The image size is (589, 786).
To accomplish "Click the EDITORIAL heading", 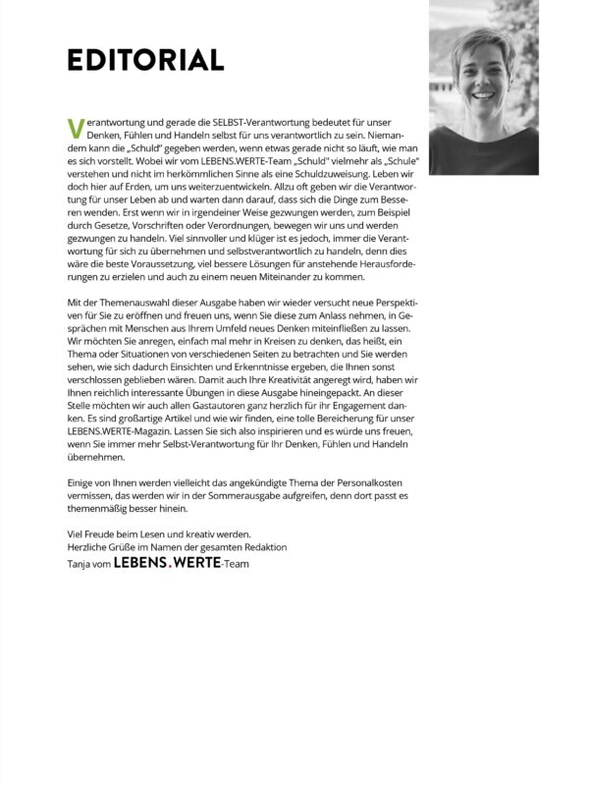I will tap(145, 60).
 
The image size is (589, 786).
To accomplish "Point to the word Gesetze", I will tap(122, 224).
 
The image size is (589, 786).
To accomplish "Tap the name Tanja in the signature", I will tap(80, 566).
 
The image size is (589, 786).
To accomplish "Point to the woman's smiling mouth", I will tap(487, 98).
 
